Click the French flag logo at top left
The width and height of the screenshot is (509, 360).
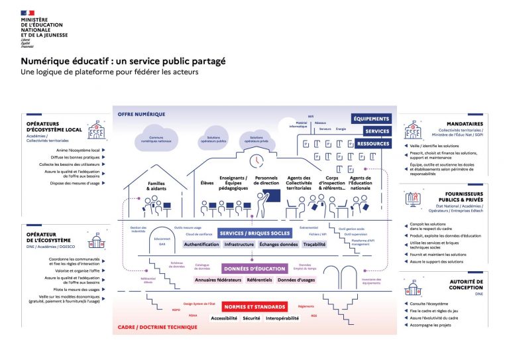coord(27,12)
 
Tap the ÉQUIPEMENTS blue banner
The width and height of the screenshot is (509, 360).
coord(371,118)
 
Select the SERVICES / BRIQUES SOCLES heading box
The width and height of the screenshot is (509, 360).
coord(254,233)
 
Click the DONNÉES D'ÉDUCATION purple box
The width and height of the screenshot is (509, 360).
coord(254,269)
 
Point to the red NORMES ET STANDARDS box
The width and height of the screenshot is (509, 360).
coord(254,307)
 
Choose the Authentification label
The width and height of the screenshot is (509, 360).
coord(201,244)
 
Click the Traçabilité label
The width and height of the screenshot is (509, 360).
coord(314,244)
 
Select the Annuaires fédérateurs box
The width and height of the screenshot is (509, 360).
coord(217,280)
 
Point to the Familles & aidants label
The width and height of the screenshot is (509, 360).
coord(156,186)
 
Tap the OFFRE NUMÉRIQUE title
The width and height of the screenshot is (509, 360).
coord(141,114)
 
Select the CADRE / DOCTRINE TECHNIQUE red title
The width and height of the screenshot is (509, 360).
coord(158,327)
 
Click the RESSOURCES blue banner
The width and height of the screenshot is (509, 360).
coord(373,143)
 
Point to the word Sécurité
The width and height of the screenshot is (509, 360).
coord(251,318)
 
